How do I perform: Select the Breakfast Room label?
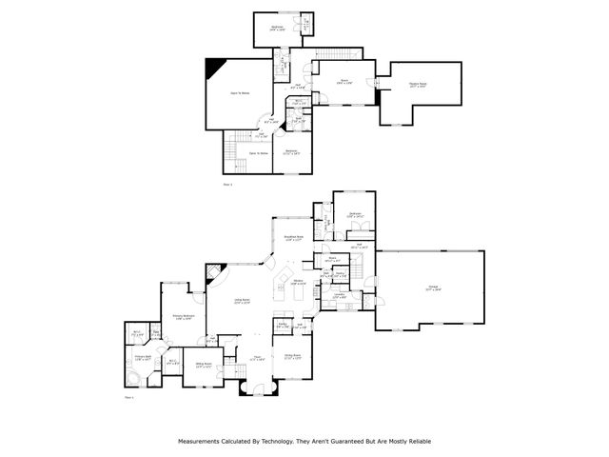294,238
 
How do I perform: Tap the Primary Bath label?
142,356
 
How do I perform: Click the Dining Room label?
293,357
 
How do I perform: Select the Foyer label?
256,358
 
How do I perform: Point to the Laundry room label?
340,296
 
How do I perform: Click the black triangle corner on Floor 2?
216,66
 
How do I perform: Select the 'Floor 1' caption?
129,396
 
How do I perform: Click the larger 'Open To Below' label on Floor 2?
240,93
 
